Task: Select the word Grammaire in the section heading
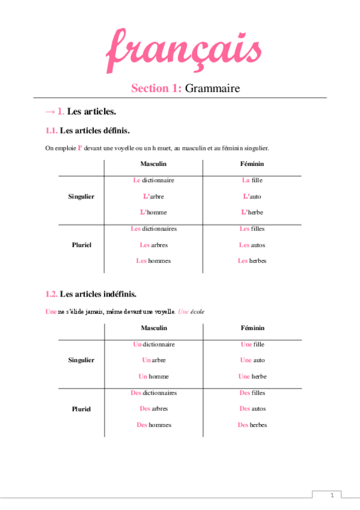[x=212, y=88]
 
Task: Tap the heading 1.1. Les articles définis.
[x=88, y=130]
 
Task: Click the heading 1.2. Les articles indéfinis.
[x=91, y=294]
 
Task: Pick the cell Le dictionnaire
[x=153, y=180]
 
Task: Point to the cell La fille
[x=252, y=180]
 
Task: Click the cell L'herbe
[x=252, y=212]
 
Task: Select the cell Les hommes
[x=153, y=261]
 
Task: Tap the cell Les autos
[x=252, y=245]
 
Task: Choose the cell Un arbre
[x=153, y=360]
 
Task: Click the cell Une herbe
[x=252, y=376]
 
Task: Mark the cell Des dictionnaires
[x=153, y=393]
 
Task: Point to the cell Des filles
[x=252, y=393]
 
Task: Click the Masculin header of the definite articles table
[x=153, y=164]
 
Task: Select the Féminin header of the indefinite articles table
[x=252, y=328]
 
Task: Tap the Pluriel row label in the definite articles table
[x=81, y=245]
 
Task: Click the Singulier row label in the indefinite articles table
[x=81, y=360]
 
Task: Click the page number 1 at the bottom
[x=331, y=495]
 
